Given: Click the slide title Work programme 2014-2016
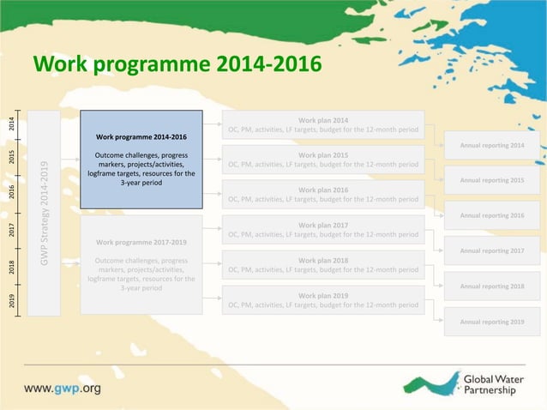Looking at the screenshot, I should tap(177, 64).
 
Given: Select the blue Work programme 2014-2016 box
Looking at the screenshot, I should tap(141, 160).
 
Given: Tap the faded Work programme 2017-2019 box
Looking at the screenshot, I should tap(141, 264).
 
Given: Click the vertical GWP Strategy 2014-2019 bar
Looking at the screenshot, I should tap(44, 213).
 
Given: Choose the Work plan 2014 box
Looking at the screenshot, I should tap(322, 125).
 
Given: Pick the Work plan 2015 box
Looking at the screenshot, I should tap(322, 160).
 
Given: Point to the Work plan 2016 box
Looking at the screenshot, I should tap(322, 195).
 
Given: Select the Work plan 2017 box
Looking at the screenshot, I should tap(322, 230).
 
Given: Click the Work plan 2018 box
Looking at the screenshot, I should tap(322, 265).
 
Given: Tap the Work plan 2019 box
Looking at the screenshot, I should tap(322, 300).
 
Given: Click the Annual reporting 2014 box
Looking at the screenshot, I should tap(491, 145).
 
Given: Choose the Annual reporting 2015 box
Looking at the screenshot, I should tap(491, 180).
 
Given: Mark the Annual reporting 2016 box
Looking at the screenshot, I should tap(491, 215).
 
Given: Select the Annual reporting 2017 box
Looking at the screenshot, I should tap(491, 250).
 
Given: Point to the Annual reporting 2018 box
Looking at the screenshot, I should tap(491, 286).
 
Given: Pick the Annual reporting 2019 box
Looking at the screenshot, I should tap(491, 321).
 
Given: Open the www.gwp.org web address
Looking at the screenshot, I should tap(62, 388).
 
